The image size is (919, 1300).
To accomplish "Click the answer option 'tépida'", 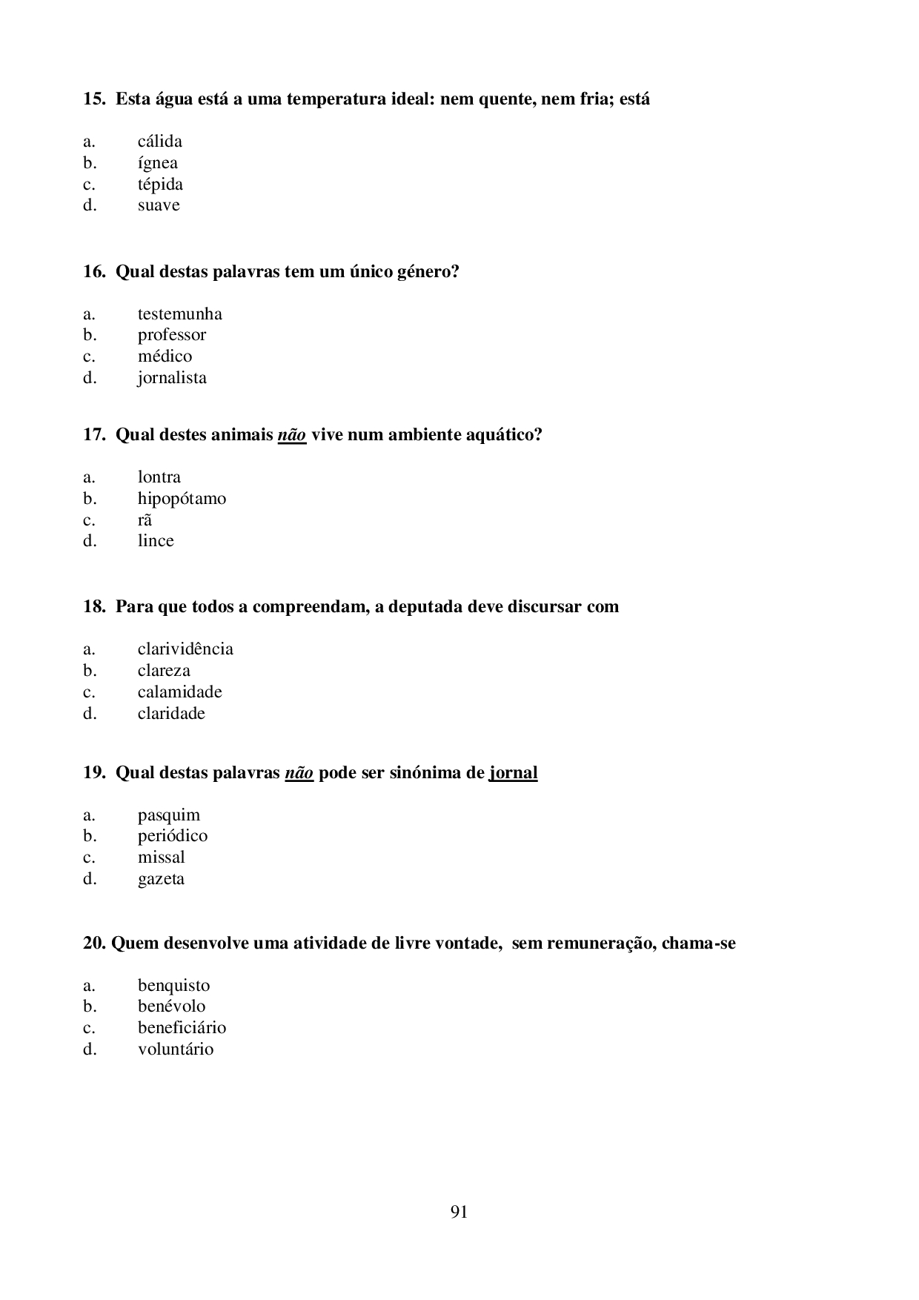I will (160, 185).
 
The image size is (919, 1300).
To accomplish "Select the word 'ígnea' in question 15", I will (157, 163).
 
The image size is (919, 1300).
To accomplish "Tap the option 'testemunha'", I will (179, 314).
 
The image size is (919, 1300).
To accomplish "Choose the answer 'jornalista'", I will (172, 378).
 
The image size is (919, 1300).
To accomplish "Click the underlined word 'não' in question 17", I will (292, 435).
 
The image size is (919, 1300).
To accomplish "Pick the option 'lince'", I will (156, 541).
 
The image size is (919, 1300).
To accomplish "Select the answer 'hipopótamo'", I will (182, 499).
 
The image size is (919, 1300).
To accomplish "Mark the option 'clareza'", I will (164, 671).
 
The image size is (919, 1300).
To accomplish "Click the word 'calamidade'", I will (179, 692).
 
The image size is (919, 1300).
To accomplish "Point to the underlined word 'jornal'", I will (513, 773).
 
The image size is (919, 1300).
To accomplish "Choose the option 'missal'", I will (161, 858).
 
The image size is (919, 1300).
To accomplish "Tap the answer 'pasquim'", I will (168, 815).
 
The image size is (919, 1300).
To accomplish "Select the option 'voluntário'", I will (175, 1049).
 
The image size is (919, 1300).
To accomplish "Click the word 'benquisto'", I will (173, 986).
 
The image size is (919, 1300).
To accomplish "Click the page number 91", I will (459, 1213).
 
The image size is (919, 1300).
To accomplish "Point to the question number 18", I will (93, 607).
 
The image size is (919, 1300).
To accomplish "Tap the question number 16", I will (93, 272).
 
